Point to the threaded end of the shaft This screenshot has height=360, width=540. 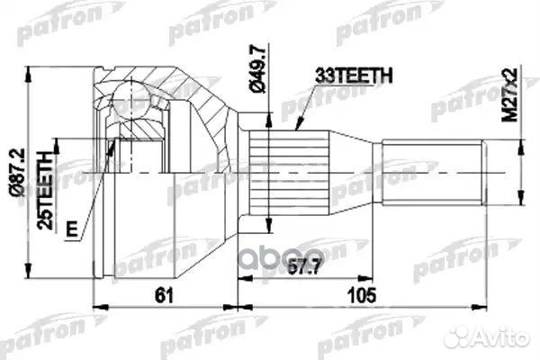(x=436, y=171)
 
